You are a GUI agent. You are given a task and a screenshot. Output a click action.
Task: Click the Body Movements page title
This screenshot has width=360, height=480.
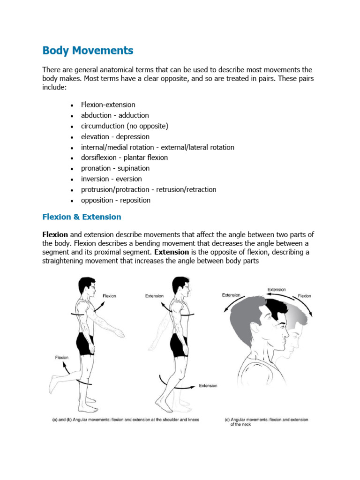pos(88,51)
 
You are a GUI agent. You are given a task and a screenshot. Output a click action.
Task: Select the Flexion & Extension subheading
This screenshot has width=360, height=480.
pos(82,217)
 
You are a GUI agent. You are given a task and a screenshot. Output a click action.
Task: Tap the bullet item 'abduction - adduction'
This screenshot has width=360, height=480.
pos(115,115)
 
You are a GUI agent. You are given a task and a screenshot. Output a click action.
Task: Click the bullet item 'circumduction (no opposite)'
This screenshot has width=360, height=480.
pos(124,126)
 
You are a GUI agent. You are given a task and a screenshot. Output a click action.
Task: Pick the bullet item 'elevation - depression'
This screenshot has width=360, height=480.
pos(115,137)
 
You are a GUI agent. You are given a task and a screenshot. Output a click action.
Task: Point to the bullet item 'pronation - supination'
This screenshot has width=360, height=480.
pos(115,168)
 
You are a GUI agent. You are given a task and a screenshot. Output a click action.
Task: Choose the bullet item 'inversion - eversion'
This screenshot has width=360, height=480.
pos(111,179)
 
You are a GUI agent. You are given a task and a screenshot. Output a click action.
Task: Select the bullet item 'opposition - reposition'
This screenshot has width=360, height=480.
pos(115,200)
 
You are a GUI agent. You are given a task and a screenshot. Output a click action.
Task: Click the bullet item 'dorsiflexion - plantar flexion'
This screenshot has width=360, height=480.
pos(124,157)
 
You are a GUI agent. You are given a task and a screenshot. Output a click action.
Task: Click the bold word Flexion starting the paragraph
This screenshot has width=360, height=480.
pos(55,234)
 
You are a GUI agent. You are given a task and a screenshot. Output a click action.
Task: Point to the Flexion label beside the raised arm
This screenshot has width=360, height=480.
pos(109,296)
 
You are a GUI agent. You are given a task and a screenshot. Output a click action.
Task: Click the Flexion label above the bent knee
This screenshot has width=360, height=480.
pos(62,357)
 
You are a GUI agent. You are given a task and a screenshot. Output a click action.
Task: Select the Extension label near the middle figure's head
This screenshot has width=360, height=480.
pos(154,296)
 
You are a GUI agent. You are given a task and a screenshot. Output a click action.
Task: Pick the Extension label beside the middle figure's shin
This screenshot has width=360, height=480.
pos(208,386)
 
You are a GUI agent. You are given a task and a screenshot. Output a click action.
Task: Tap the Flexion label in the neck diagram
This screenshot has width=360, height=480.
pos(304,296)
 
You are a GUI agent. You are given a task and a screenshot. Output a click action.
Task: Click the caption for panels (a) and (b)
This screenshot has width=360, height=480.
pos(125,420)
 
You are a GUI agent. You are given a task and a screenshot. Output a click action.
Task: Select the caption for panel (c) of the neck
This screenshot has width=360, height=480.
pos(266,422)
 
